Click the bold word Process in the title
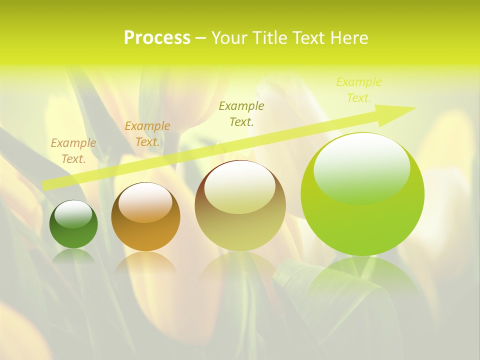click(x=157, y=38)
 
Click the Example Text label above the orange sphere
click(x=147, y=134)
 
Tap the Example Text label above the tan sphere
click(x=241, y=113)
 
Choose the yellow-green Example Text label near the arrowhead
click(x=359, y=90)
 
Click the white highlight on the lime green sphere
click(x=361, y=167)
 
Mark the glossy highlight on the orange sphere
click(x=145, y=202)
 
